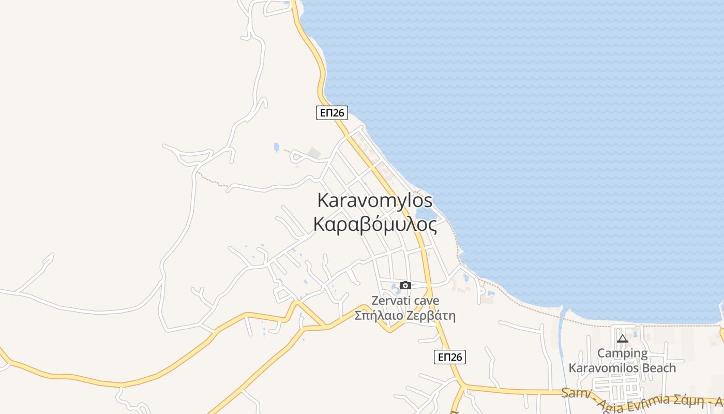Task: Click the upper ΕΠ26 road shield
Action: (x=331, y=113)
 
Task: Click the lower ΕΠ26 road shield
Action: (x=449, y=357)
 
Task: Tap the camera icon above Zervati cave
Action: (x=405, y=285)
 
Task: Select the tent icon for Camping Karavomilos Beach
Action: (x=623, y=339)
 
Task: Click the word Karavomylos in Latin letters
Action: (x=374, y=200)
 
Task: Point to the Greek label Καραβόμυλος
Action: (x=374, y=225)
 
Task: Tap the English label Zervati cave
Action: (x=405, y=301)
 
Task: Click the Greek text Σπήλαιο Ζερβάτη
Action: (x=405, y=315)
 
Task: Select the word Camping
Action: (x=622, y=353)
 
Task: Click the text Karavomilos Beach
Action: (x=622, y=368)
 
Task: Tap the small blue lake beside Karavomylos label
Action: (x=425, y=213)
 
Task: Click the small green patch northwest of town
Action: (x=314, y=153)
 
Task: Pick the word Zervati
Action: (x=391, y=301)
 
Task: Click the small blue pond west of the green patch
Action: (x=277, y=147)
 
